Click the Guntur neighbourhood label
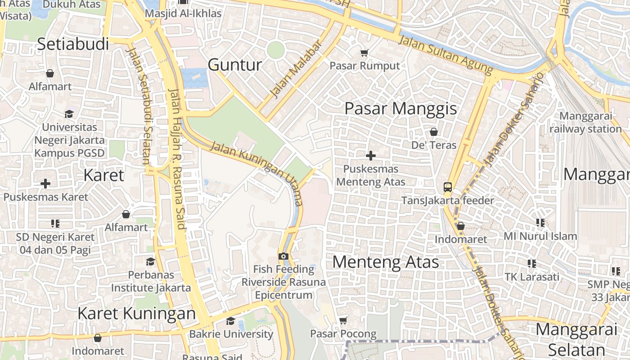234,65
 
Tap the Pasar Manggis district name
400,108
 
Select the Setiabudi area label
73,44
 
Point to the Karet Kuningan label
136,313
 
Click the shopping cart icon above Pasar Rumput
364,53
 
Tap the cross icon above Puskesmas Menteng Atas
371,156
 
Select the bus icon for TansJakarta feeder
448,187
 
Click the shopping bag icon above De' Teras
434,132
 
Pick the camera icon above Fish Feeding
283,256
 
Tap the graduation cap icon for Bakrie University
231,321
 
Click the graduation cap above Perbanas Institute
151,261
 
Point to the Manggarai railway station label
585,122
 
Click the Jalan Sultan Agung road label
446,55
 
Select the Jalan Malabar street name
296,69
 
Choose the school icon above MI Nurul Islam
540,222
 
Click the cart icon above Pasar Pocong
343,320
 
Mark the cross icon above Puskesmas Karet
45,184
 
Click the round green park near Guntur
275,50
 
